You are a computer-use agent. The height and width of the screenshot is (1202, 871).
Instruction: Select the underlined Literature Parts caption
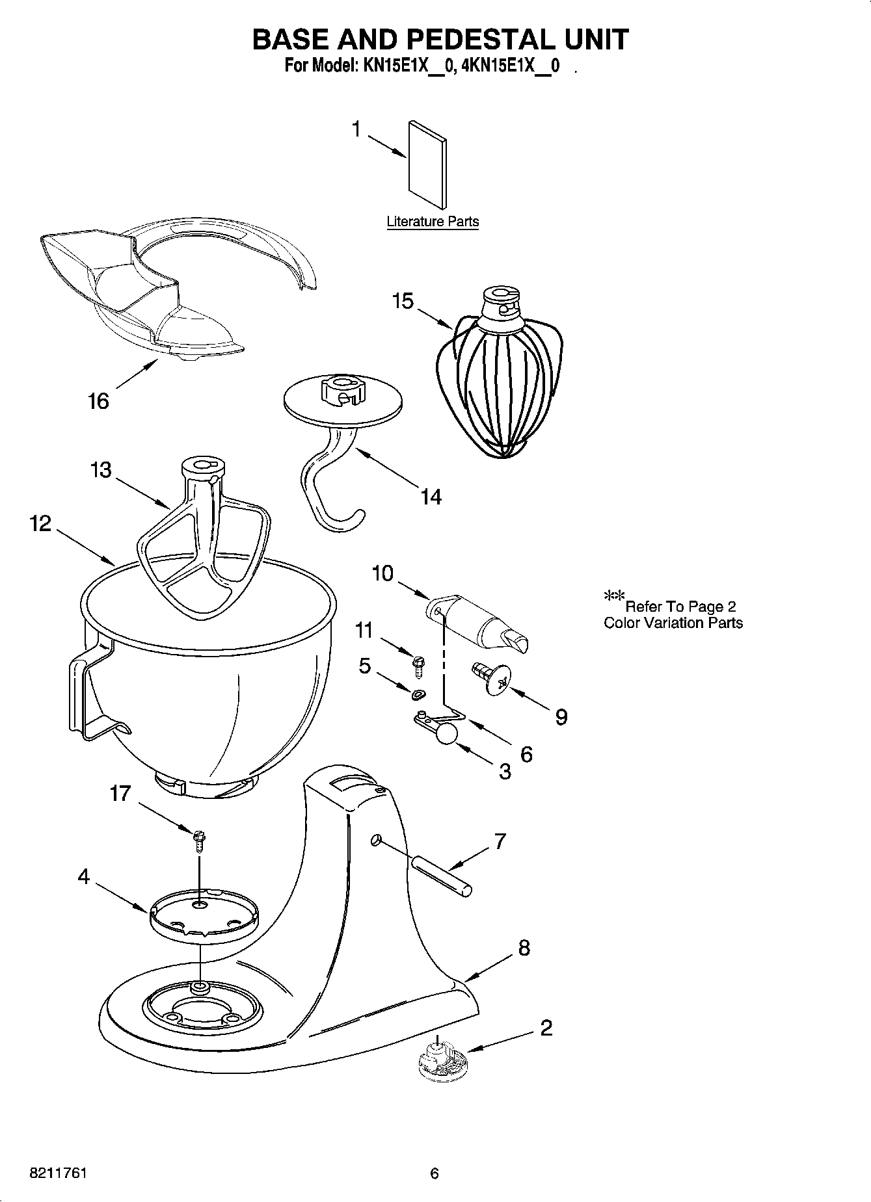coord(433,222)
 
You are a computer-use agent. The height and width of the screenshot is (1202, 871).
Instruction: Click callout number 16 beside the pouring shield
coord(98,402)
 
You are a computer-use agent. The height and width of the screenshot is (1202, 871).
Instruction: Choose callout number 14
coord(431,497)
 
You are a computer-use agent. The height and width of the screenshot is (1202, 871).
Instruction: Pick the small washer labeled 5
coord(416,695)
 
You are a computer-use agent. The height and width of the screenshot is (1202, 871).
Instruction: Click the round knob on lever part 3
coord(447,733)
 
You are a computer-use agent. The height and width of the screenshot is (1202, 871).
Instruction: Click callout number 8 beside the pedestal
coord(524,948)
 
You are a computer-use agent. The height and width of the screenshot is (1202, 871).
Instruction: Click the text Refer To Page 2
coord(680,607)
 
